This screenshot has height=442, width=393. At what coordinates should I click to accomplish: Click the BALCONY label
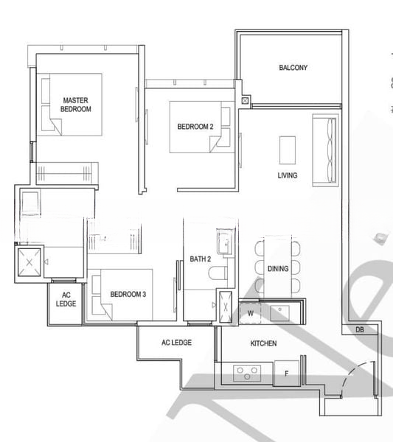(x=293, y=68)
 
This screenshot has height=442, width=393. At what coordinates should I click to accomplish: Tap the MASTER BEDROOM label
(x=76, y=105)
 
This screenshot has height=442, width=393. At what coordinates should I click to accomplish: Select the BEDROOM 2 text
(x=195, y=127)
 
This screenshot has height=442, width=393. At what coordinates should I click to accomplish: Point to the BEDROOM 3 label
(x=128, y=295)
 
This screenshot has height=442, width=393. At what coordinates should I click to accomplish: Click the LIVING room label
(x=288, y=175)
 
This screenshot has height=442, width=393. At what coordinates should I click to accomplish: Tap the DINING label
(x=278, y=269)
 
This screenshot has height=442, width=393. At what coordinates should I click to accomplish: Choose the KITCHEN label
(x=263, y=344)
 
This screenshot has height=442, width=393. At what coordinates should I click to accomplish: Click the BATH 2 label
(x=201, y=259)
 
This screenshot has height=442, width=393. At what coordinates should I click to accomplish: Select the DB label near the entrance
(x=359, y=330)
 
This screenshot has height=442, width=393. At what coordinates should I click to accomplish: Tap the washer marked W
(x=249, y=312)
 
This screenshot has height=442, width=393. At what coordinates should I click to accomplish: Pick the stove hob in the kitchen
(x=245, y=373)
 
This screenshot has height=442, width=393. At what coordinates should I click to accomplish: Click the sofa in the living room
(x=324, y=151)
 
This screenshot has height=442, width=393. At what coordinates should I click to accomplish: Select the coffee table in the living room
(x=287, y=151)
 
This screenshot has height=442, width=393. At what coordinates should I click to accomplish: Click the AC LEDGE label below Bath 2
(x=176, y=343)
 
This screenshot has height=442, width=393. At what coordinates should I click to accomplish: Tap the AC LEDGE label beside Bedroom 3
(x=66, y=299)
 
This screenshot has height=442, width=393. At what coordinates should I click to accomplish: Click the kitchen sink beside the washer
(x=281, y=312)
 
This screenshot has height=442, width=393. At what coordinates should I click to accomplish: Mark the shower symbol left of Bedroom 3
(x=29, y=262)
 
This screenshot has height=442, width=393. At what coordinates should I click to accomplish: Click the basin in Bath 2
(x=224, y=242)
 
